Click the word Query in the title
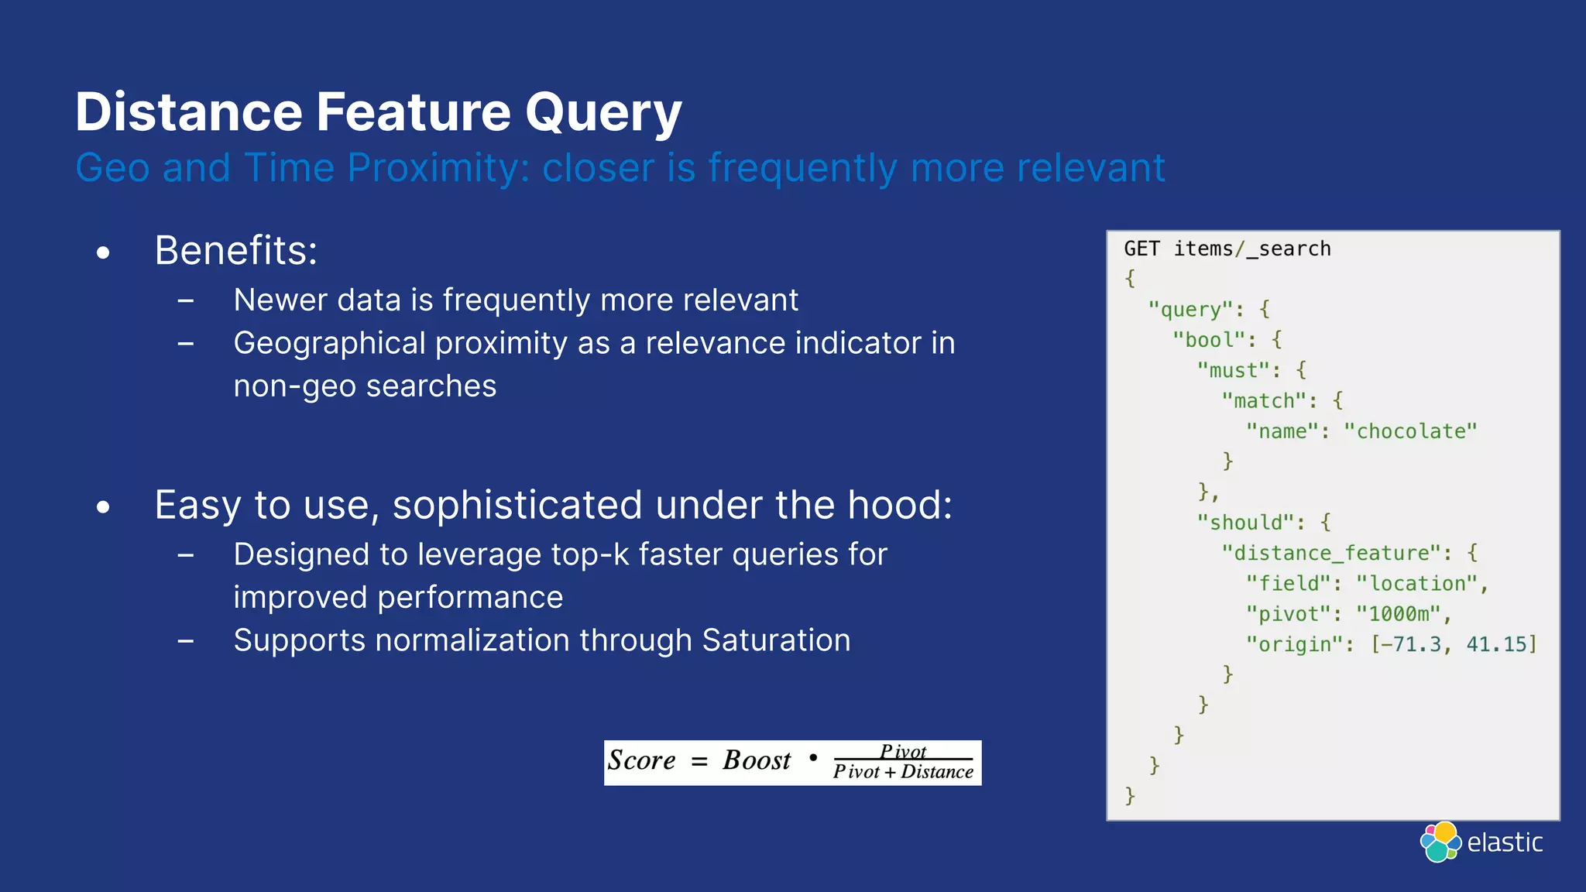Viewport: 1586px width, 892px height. tap(602, 113)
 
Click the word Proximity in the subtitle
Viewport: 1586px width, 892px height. tap(438, 168)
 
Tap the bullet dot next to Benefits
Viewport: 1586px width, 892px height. tap(103, 253)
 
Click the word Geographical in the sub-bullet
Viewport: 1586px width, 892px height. tap(329, 343)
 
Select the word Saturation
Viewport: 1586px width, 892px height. tap(776, 640)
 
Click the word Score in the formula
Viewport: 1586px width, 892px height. tap(641, 760)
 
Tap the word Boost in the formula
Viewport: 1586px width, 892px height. tap(757, 760)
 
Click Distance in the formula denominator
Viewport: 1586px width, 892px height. tap(936, 772)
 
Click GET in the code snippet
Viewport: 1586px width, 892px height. tap(1141, 249)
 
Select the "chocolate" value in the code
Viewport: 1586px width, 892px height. tap(1410, 431)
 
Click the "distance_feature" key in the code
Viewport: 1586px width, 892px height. tap(1337, 553)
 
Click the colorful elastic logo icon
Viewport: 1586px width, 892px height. tap(1440, 842)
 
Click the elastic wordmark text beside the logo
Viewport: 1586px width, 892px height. tap(1505, 842)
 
